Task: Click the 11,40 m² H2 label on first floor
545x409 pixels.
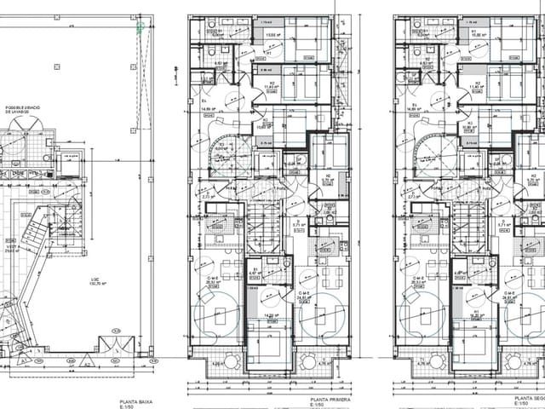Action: [271, 87]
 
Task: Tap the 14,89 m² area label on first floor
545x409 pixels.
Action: [205, 109]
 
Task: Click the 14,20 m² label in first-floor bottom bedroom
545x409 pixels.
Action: [270, 315]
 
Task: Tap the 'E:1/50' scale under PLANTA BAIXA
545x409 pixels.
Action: [129, 406]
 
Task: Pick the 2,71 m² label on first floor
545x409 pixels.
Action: [207, 196]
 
